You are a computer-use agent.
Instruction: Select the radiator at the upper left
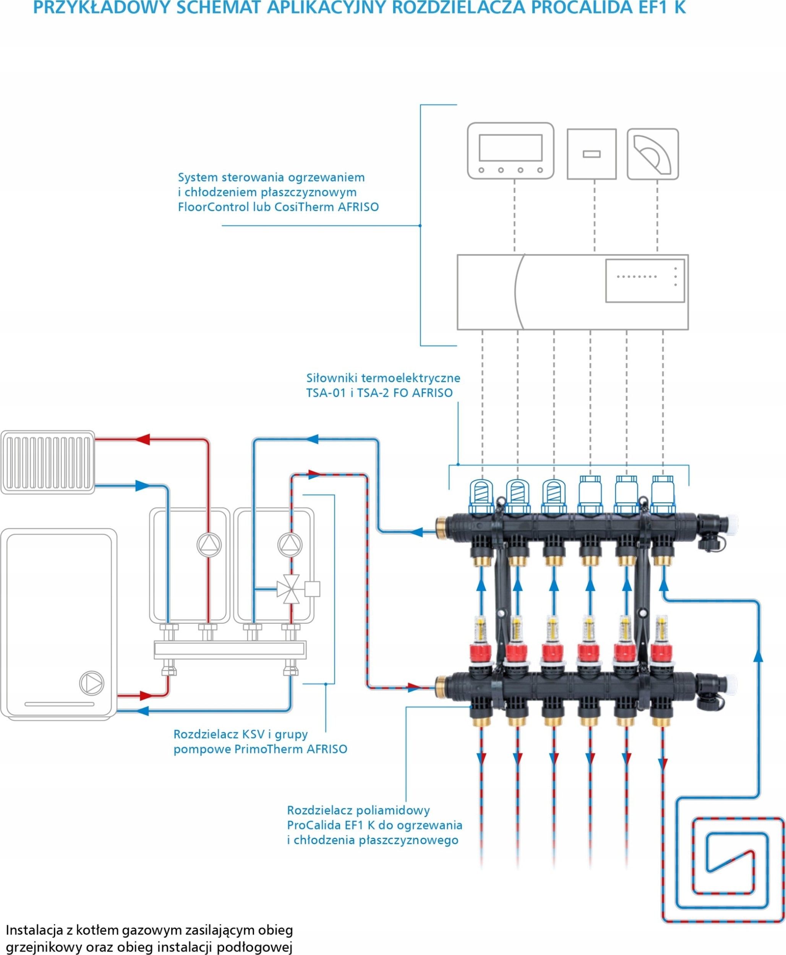click(x=47, y=462)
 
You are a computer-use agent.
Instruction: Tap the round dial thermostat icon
click(x=652, y=154)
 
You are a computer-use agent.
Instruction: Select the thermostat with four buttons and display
click(x=510, y=151)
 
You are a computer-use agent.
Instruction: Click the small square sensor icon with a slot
click(x=591, y=154)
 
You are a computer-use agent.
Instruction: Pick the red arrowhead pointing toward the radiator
click(x=143, y=439)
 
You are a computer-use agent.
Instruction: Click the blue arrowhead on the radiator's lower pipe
click(x=142, y=486)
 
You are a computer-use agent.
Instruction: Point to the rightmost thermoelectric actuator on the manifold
click(x=663, y=494)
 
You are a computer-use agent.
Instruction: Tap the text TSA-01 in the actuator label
click(x=326, y=393)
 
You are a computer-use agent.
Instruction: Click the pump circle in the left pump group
click(x=209, y=545)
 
